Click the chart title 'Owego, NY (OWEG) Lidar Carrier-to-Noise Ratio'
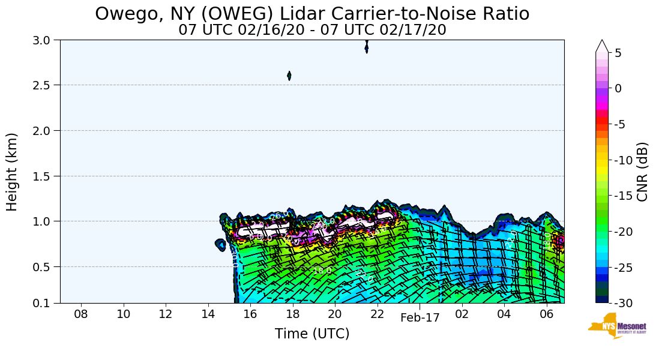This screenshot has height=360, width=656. [x=312, y=13]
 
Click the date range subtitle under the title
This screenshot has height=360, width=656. [x=312, y=29]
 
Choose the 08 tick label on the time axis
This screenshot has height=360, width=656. [x=81, y=314]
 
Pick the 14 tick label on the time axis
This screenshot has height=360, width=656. [x=208, y=314]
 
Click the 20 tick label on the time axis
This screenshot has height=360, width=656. [x=335, y=314]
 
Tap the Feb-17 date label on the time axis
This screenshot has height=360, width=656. [x=420, y=318]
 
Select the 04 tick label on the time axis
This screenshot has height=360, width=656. [x=504, y=314]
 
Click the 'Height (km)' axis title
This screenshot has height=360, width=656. [x=13, y=172]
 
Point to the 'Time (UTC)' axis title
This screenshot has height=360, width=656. [x=312, y=334]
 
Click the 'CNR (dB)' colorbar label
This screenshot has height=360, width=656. [x=642, y=172]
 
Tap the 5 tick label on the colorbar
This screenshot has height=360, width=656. [x=618, y=53]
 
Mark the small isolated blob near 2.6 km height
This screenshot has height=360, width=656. [x=289, y=76]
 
